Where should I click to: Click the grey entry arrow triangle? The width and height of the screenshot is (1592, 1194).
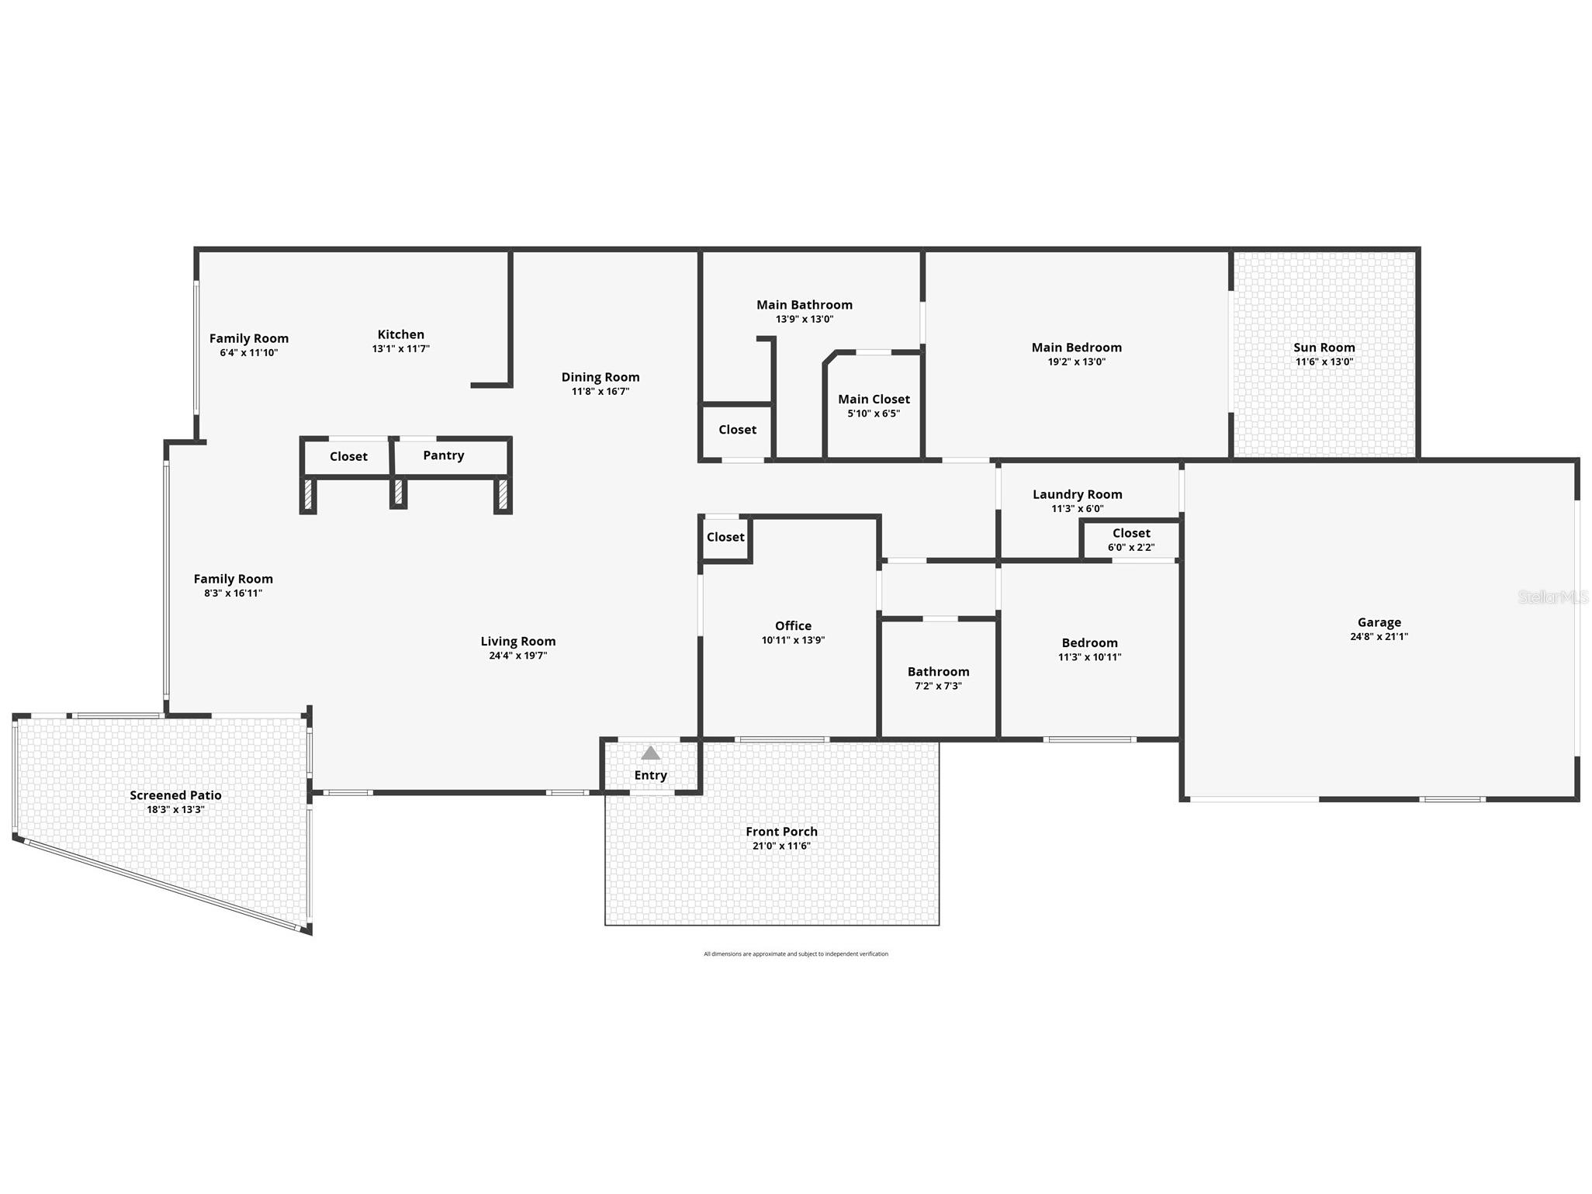coord(650,753)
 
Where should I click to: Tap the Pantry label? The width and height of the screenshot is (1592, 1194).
coord(444,455)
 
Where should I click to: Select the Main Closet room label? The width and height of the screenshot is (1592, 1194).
coord(874,399)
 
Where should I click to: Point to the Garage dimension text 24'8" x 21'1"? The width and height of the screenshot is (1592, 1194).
coord(1379,636)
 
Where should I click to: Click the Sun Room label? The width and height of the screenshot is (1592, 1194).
coord(1324,348)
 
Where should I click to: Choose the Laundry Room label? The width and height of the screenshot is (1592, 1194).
coord(1077,494)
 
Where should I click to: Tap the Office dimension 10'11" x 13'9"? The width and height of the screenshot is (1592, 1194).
coord(793,640)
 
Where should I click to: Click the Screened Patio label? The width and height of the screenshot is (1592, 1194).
coord(175,795)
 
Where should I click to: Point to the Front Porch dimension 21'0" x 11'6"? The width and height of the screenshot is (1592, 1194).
coord(781,846)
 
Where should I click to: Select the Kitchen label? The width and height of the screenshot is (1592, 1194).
coord(400,334)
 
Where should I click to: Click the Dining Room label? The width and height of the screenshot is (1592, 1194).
coord(600,377)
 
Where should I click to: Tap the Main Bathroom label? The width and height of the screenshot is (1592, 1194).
coord(805,305)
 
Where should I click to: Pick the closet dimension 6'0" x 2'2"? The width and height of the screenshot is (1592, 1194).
coord(1131,547)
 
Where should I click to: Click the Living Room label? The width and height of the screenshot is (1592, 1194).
coord(517,641)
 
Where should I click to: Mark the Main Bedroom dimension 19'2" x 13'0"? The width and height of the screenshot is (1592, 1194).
coord(1076,362)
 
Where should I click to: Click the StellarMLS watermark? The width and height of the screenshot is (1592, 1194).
coord(1553,597)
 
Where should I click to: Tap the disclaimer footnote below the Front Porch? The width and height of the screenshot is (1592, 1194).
coord(796,954)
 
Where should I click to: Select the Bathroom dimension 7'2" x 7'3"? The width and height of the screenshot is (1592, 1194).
coord(938,686)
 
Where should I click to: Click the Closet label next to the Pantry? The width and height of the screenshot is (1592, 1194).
coord(348,456)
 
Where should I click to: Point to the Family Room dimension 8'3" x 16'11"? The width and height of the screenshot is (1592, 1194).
coord(233,593)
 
